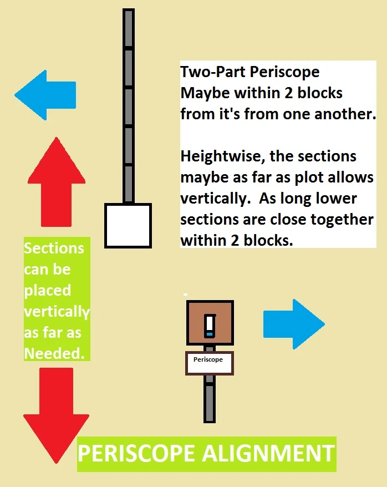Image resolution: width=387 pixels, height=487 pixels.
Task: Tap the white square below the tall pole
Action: coord(128,225)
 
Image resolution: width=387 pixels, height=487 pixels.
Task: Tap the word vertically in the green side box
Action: coord(56,311)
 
